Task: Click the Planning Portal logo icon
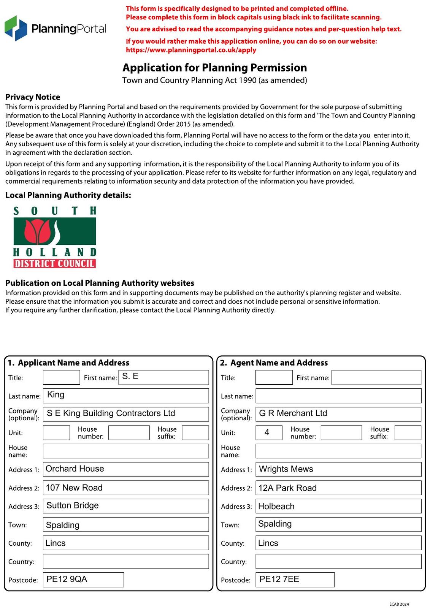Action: (x=16, y=28)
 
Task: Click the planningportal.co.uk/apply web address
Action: (x=191, y=50)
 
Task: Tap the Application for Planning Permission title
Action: (x=214, y=68)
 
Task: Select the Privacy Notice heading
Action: (x=33, y=97)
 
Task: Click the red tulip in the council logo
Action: (x=37, y=231)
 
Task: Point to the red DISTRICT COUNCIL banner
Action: (x=54, y=263)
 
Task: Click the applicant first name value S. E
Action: (x=130, y=377)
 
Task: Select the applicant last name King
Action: (x=56, y=395)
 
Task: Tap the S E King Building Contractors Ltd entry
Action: (x=111, y=413)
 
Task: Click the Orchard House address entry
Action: (x=75, y=469)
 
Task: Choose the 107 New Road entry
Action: (x=74, y=488)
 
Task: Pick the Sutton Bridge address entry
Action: (x=73, y=506)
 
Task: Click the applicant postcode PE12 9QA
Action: (x=67, y=579)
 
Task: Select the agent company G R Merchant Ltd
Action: (x=293, y=413)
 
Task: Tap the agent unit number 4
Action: (x=267, y=432)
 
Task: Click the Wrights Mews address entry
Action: (x=286, y=469)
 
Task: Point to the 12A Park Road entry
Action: (x=287, y=488)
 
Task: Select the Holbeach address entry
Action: (x=276, y=507)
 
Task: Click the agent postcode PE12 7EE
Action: (x=279, y=579)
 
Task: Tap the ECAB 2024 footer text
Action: (x=399, y=604)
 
